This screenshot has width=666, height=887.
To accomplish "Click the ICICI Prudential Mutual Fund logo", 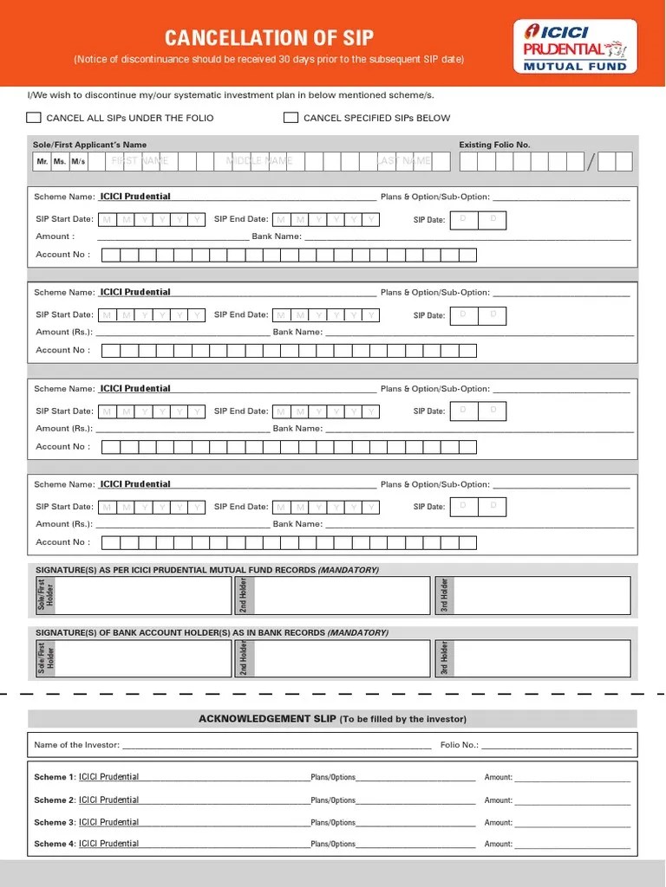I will click(575, 46).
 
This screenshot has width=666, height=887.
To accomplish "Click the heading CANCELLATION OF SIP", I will click(269, 37).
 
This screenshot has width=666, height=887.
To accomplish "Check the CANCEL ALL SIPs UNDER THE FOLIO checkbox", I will click(34, 118).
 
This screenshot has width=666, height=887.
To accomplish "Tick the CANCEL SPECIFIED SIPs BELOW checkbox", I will click(291, 118).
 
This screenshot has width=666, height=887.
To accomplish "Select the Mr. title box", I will click(42, 162).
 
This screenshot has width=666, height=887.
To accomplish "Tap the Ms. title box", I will click(60, 162).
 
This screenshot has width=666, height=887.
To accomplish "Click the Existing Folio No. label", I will click(494, 145).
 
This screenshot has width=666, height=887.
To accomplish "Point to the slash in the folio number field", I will click(591, 162).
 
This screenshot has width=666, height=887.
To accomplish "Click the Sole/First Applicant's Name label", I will click(90, 145).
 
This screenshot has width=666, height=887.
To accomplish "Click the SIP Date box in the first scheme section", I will click(478, 219).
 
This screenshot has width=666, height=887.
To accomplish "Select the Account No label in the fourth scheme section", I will click(62, 542).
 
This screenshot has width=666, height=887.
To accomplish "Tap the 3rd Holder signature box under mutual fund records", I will click(541, 595).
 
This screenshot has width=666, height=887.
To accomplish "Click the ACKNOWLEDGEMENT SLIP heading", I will click(332, 719).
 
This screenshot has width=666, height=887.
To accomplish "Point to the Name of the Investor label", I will click(76, 745).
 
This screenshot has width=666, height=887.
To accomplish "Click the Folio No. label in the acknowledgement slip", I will click(459, 745).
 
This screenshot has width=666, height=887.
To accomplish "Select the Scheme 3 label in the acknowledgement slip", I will click(55, 822).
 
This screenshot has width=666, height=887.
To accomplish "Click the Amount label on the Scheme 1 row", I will click(499, 778).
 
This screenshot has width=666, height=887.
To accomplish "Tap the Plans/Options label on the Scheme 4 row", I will click(333, 844).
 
